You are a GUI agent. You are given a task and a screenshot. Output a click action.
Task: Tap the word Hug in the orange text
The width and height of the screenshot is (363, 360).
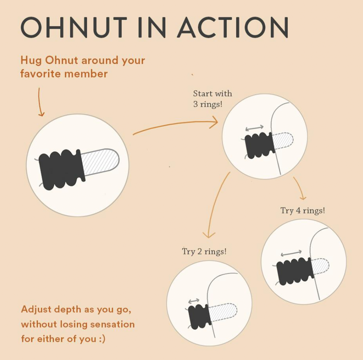pyautogui.click(x=31, y=61)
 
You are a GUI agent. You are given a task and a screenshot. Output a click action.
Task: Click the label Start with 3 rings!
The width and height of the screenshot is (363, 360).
pyautogui.click(x=212, y=99)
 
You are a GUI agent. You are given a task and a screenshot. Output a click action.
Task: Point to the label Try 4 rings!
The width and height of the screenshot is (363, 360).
pyautogui.click(x=302, y=210)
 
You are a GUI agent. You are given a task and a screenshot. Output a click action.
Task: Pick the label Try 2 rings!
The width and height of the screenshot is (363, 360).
pyautogui.click(x=204, y=252)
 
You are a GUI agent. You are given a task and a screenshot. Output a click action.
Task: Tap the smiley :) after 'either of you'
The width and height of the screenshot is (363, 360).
pyautogui.click(x=101, y=338)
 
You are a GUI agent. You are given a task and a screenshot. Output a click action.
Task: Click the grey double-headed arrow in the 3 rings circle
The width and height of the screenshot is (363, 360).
pyautogui.click(x=254, y=128)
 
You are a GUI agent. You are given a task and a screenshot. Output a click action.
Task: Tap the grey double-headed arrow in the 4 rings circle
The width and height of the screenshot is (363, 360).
pyautogui.click(x=291, y=253)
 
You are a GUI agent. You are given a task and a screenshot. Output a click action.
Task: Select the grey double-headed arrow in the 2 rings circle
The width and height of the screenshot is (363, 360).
pyautogui.click(x=194, y=301)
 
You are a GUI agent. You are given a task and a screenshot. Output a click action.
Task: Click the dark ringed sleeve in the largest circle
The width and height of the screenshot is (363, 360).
pyautogui.click(x=61, y=169)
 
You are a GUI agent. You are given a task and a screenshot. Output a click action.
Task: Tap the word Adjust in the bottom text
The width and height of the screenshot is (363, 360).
pyautogui.click(x=36, y=309)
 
